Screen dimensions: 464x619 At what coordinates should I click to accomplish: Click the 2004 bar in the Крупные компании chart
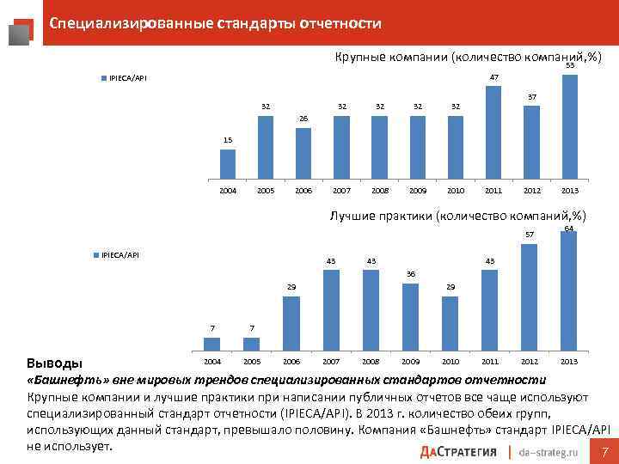point(227,162)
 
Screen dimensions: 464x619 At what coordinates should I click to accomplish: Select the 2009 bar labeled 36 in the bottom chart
point(410,315)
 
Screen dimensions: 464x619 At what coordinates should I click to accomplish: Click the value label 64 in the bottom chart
point(569,228)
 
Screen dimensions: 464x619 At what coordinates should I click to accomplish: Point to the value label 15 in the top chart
point(227,139)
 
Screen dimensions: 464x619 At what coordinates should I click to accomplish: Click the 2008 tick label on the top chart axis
point(379,191)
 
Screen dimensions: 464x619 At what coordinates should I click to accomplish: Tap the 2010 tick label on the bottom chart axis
point(450,362)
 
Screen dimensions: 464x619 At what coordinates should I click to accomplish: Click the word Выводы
point(51,362)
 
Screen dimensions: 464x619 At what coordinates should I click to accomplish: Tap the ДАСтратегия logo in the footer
point(460,452)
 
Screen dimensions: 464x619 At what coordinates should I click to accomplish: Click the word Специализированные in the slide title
point(112,23)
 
